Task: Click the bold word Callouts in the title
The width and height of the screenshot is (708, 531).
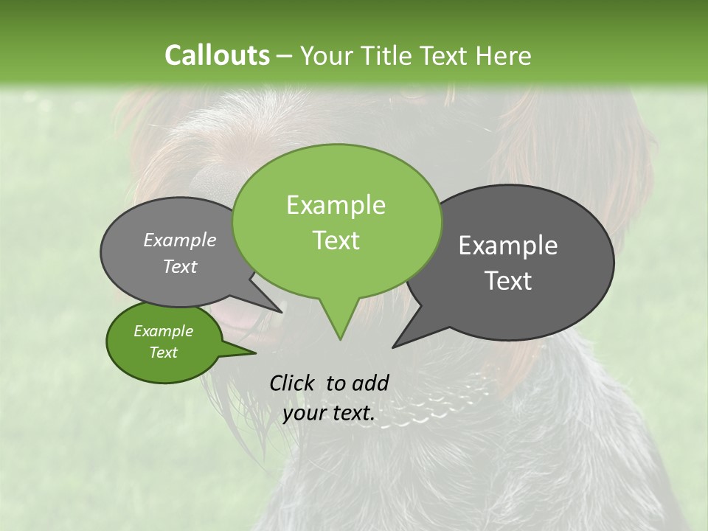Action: click(217, 55)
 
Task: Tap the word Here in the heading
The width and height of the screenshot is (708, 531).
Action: click(504, 56)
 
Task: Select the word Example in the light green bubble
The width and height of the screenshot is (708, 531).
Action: click(336, 205)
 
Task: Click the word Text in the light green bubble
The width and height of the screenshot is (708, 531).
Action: click(336, 240)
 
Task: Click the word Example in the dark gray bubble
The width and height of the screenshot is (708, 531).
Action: click(508, 246)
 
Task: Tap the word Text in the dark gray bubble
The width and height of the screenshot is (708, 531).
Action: click(508, 281)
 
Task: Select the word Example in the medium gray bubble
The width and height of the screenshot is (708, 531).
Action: click(180, 240)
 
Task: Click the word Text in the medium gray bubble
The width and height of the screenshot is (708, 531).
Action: click(180, 266)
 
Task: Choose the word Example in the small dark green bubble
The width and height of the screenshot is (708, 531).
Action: click(163, 331)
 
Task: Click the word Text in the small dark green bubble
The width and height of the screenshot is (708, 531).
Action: click(163, 353)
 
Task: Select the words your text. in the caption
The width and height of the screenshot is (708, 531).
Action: click(329, 414)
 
